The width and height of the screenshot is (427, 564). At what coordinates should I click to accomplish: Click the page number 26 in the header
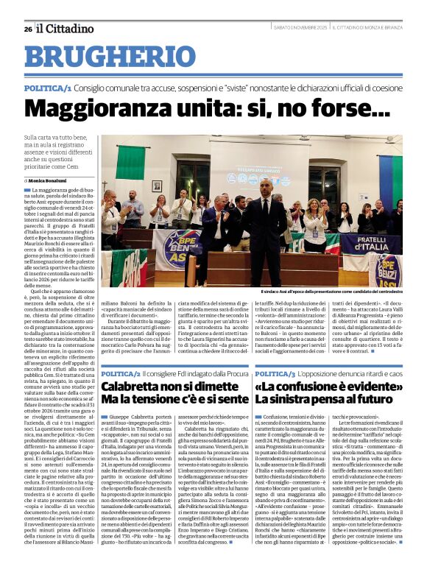pyautogui.click(x=27, y=29)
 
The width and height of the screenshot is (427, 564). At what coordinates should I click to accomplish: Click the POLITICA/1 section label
pyautogui.click(x=47, y=88)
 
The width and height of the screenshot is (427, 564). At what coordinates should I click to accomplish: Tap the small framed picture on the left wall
pyautogui.click(x=156, y=186)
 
